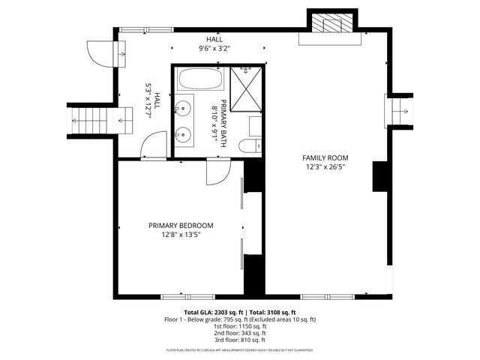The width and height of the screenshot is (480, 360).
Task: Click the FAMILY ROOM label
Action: tap(325, 157)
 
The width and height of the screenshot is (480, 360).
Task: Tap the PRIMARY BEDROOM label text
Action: tap(181, 226)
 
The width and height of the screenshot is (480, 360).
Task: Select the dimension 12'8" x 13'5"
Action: tap(181, 235)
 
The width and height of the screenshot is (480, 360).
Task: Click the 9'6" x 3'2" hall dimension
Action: tap(214, 48)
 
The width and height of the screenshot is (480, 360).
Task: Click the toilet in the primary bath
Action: tap(250, 145)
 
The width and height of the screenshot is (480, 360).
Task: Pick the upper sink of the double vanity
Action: tap(183, 109)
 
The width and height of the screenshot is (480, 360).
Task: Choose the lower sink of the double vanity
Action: tap(183, 136)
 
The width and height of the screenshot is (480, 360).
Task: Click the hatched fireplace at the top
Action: tap(331, 23)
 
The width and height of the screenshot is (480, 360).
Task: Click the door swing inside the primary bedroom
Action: tap(217, 172)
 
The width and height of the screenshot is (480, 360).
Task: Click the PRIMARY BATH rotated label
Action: tap(218, 120)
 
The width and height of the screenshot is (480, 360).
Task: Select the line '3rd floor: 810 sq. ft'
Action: tap(240, 340)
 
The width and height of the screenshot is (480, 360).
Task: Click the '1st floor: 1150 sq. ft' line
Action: tap(240, 326)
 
